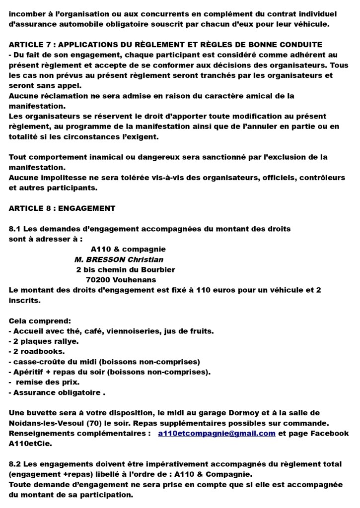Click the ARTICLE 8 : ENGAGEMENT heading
[62, 208]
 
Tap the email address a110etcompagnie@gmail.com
[216, 433]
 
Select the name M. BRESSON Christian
[119, 259]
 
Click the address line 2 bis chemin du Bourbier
[125, 269]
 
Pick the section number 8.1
[15, 229]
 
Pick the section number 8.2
[15, 464]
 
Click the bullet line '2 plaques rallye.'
[43, 341]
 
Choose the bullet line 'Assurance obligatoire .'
[58, 392]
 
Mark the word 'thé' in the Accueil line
[76, 331]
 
